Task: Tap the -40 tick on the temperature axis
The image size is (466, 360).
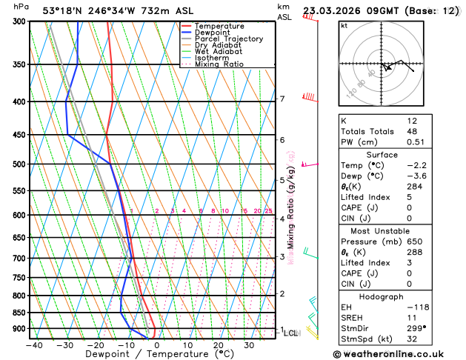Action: click(34, 345)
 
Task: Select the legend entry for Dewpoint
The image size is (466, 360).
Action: click(212, 33)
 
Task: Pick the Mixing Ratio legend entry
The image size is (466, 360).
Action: click(219, 64)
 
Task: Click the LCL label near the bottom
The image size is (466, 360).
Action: click(290, 333)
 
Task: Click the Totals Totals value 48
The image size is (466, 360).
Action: click(413, 131)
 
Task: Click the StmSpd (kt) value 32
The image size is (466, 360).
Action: click(413, 341)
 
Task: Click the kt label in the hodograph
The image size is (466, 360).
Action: click(344, 26)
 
